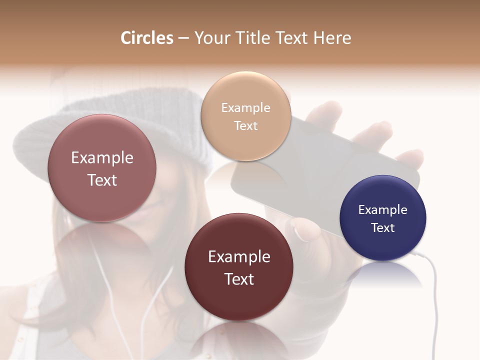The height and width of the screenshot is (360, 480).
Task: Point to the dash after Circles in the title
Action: (183, 38)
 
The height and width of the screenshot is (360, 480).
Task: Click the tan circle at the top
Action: (245, 116)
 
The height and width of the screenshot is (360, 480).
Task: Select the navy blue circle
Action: (383, 218)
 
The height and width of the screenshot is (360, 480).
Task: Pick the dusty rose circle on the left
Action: (102, 168)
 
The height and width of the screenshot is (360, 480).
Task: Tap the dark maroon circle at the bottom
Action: (239, 267)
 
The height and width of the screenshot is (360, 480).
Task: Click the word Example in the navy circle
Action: (382, 209)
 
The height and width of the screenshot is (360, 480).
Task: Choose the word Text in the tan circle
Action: (245, 125)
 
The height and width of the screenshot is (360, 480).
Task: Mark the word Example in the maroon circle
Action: (239, 257)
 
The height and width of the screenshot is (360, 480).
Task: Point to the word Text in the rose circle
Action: (102, 180)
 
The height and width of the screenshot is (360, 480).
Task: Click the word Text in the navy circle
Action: (383, 227)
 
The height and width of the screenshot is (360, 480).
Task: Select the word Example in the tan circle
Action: (245, 107)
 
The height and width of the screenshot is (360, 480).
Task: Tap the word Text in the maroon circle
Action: (239, 279)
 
